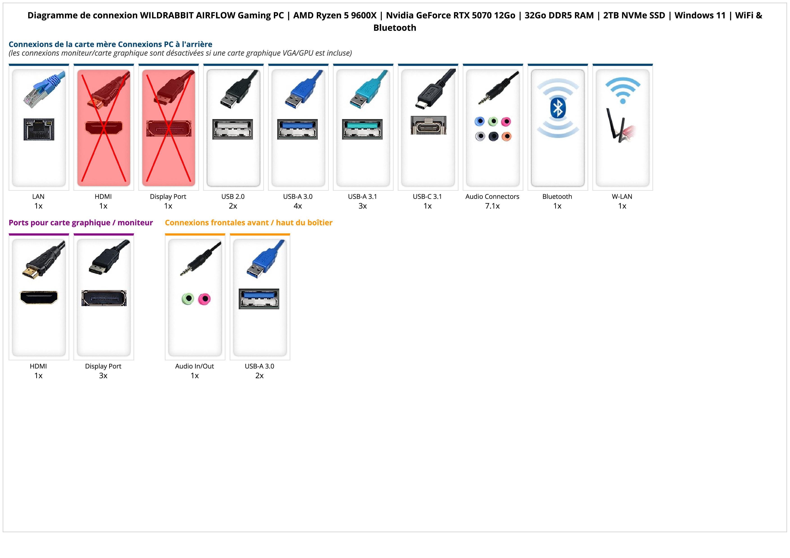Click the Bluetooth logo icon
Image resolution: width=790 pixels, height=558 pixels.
tap(557, 108)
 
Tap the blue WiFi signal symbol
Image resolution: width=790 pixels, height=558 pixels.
tap(622, 90)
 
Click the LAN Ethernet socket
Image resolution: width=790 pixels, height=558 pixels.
tap(39, 129)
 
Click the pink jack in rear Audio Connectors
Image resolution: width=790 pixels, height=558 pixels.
tap(506, 121)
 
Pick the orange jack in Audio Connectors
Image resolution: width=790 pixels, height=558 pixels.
tap(506, 136)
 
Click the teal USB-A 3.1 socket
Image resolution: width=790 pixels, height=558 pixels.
tap(362, 129)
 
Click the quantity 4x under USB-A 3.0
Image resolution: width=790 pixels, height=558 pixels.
tap(298, 206)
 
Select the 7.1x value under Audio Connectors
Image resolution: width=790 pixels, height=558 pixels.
tap(492, 206)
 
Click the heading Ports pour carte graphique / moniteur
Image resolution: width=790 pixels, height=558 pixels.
tap(81, 223)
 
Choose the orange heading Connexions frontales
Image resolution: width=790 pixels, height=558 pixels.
tap(248, 223)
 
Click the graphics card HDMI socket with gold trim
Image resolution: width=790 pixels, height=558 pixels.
tap(39, 297)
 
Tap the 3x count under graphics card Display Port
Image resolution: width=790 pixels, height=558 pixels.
tap(103, 375)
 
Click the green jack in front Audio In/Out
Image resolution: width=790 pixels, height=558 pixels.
tap(188, 298)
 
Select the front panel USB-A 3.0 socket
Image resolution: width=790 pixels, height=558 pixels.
tap(259, 299)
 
